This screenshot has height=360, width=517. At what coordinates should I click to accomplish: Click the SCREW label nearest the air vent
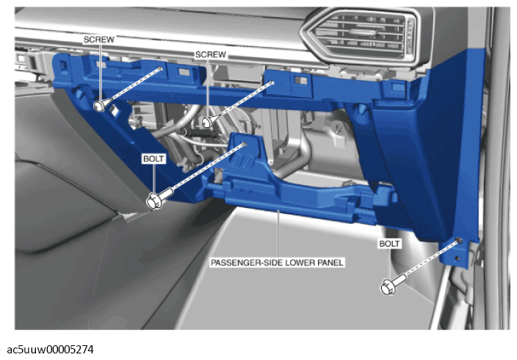[210, 54]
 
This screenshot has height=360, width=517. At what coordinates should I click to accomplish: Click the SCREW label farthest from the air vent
[98, 40]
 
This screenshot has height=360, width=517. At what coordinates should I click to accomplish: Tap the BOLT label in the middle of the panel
[153, 159]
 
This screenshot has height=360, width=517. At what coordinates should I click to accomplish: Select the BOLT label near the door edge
[389, 244]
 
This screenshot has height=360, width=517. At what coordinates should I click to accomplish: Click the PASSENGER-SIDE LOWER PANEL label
[277, 263]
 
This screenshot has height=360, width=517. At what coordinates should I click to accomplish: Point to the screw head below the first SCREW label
[99, 107]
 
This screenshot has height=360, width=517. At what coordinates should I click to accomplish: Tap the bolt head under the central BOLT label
[153, 201]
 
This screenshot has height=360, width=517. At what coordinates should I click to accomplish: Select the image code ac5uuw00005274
[50, 350]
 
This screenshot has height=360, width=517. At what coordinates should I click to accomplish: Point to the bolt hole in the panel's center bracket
[245, 143]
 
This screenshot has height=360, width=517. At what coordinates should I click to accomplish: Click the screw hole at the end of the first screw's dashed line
[160, 68]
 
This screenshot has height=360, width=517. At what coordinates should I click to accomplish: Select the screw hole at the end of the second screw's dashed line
[272, 82]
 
